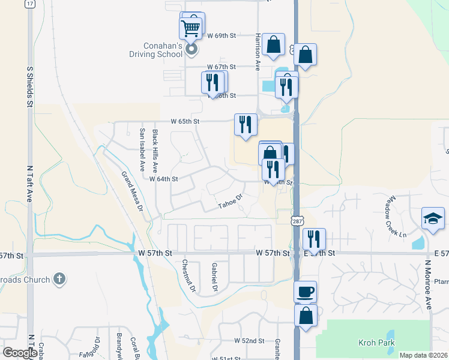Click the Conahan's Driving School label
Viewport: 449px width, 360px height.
(x=154, y=50)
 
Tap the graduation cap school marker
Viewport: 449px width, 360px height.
(x=433, y=218)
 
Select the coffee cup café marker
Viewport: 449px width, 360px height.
(x=306, y=292)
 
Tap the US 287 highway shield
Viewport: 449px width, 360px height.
(x=297, y=221)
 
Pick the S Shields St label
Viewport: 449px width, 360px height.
(x=29, y=86)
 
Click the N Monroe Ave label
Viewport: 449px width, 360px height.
(x=429, y=284)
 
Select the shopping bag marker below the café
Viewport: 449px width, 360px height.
(x=306, y=316)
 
